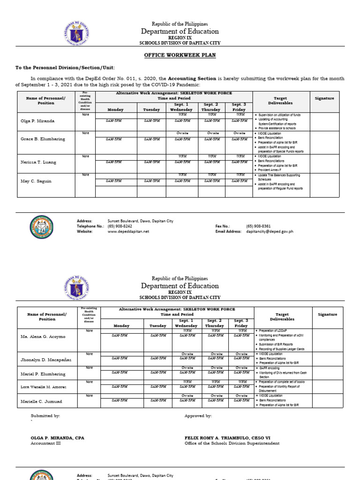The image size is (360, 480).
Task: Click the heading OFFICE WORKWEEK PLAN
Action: (180, 55)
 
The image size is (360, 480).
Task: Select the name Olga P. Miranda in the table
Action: (37, 121)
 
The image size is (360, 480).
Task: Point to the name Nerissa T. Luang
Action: (38, 162)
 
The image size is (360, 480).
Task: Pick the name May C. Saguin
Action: (36, 181)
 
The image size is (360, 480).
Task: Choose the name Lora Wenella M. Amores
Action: (43, 387)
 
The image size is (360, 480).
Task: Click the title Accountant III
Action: (45, 443)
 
